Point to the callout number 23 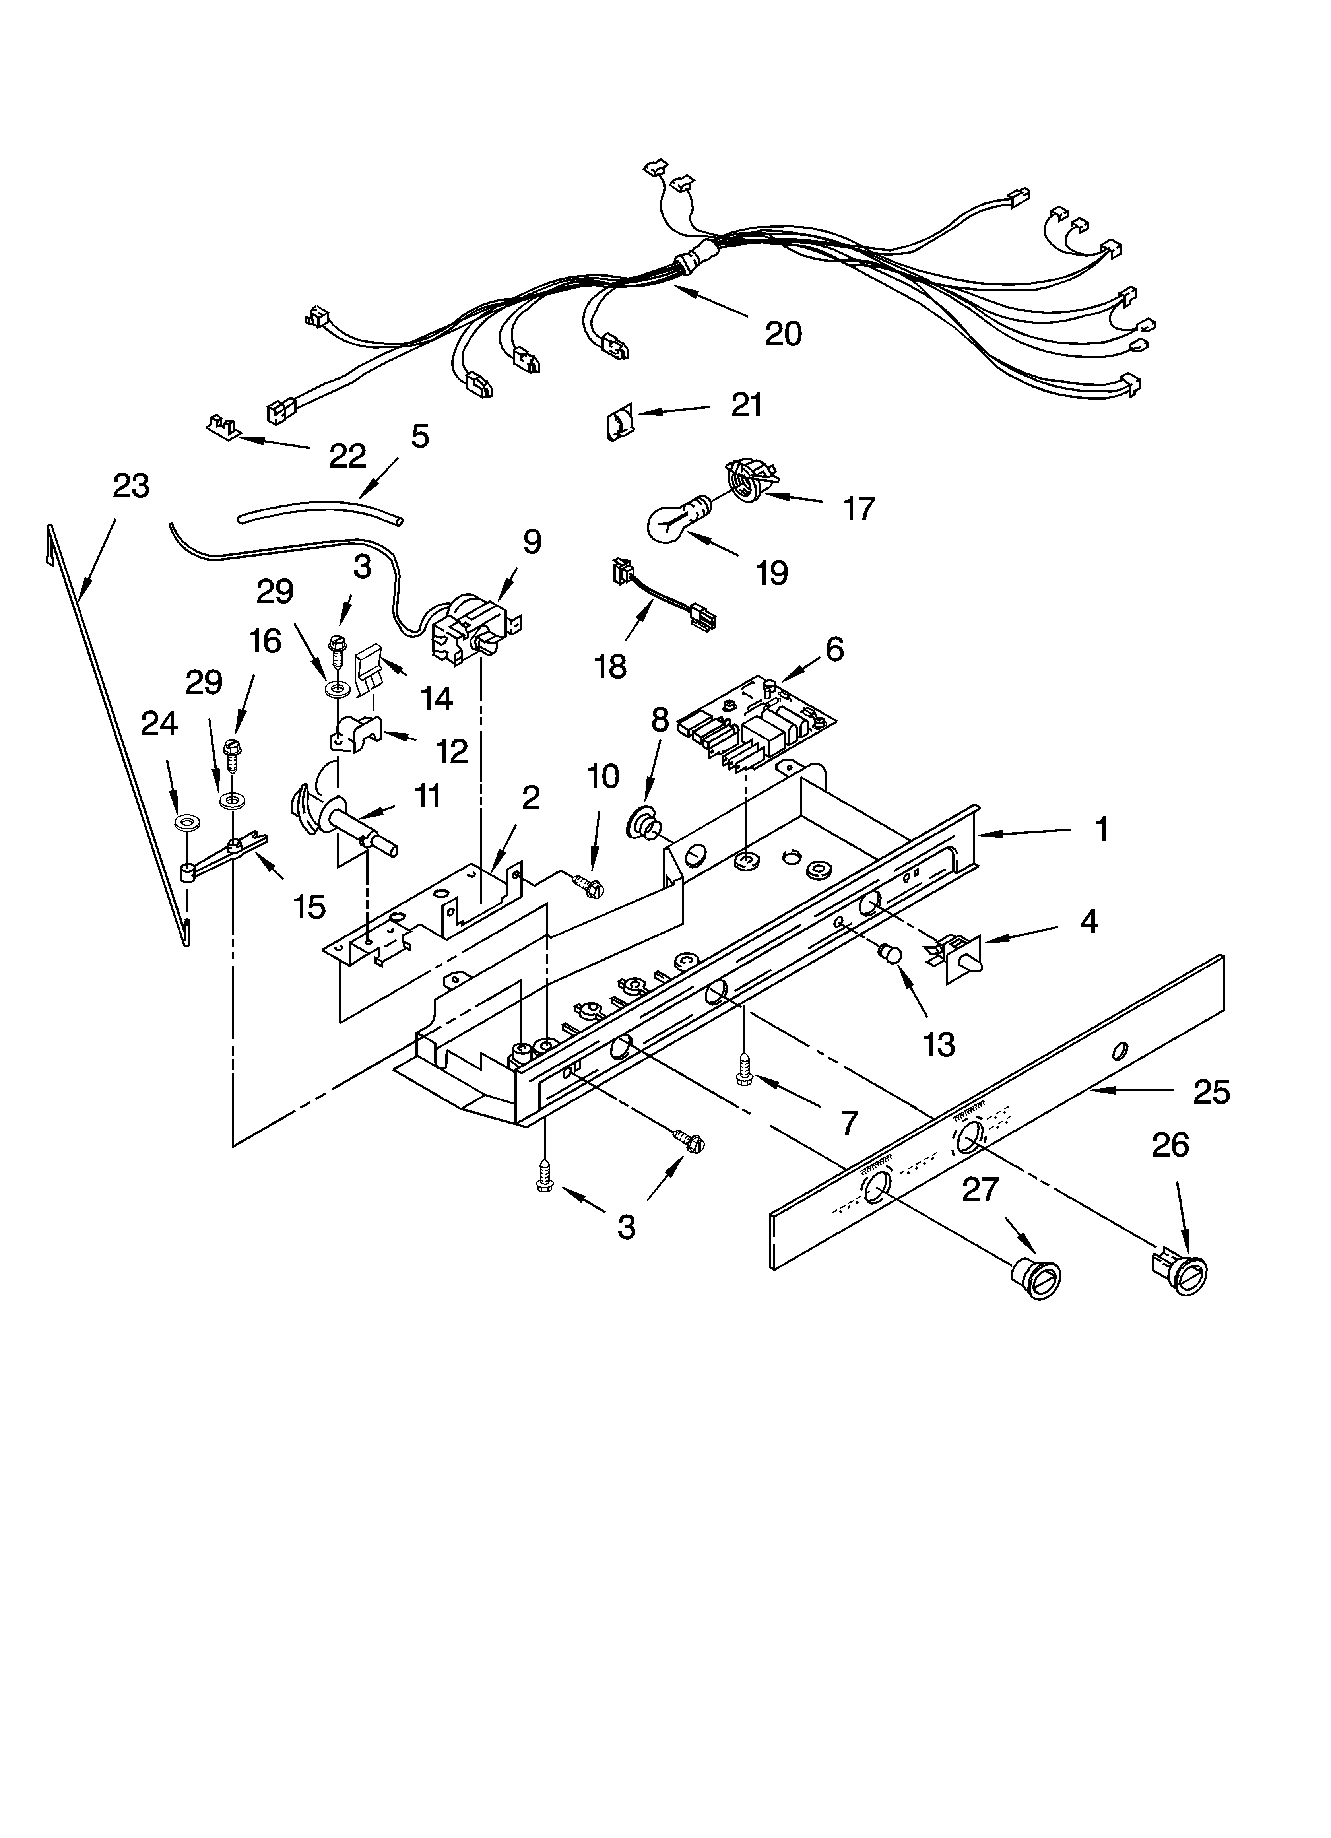click(131, 486)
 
